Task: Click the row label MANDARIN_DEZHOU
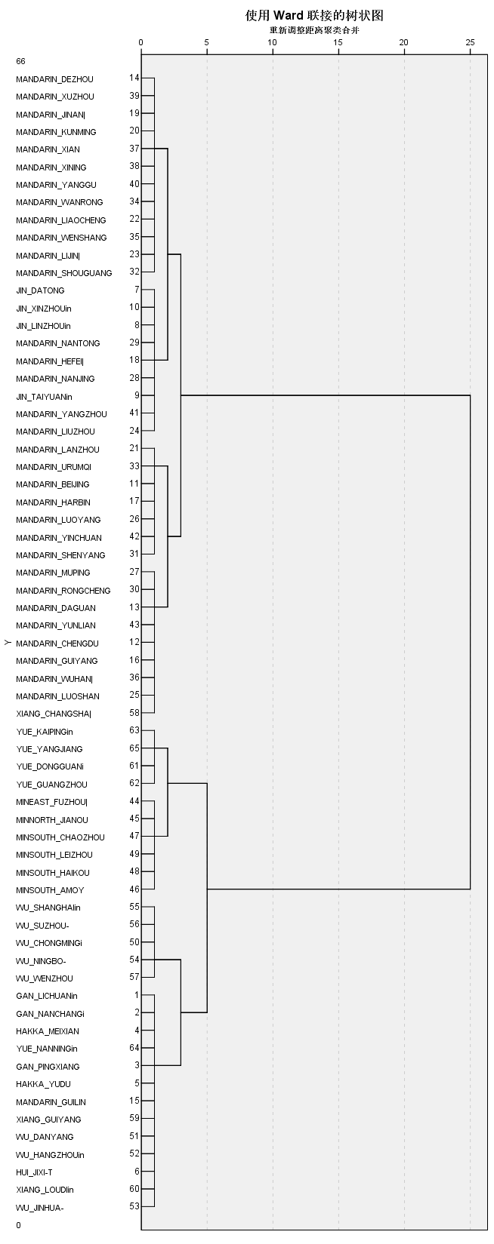(54, 79)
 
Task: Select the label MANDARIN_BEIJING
(52, 484)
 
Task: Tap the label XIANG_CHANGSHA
(53, 714)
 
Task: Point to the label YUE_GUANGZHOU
(51, 785)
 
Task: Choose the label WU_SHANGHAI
(48, 908)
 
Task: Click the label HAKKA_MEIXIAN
(47, 1031)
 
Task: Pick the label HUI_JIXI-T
(34, 1172)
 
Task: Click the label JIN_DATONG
(40, 290)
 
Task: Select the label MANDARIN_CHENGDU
(57, 644)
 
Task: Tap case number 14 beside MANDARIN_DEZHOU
(134, 78)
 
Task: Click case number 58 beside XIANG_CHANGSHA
(134, 712)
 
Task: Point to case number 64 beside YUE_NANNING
(134, 1047)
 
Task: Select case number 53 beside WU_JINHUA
(134, 1206)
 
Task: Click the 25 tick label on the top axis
(470, 41)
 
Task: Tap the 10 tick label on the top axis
(273, 41)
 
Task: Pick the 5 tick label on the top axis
(207, 41)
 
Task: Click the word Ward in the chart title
(292, 15)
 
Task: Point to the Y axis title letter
(7, 643)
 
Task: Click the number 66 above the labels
(20, 61)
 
